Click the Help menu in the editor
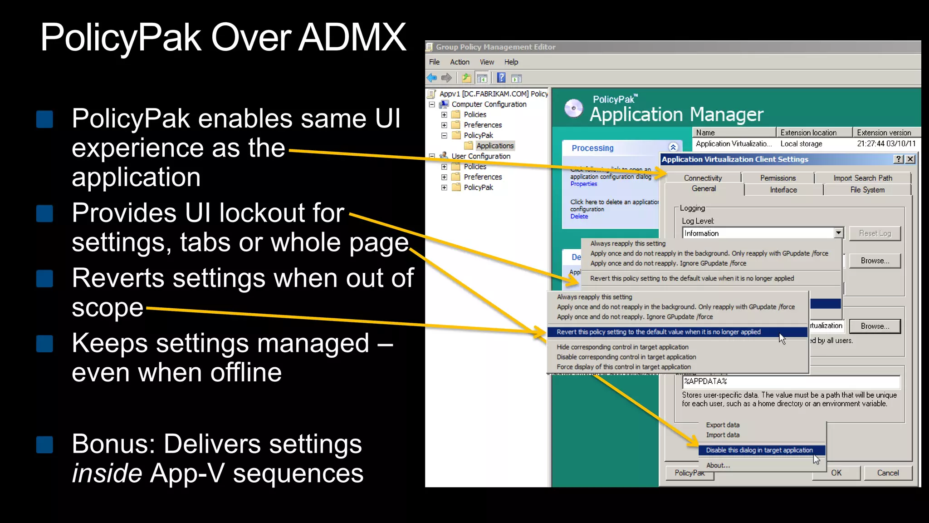[511, 62]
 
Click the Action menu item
[459, 62]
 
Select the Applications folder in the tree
[494, 146]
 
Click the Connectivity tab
[703, 178]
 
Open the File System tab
[867, 190]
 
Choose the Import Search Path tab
[862, 178]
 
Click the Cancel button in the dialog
[887, 473]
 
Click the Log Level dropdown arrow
[838, 233]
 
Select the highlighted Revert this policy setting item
[658, 332]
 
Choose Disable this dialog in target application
[759, 450]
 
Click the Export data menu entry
[722, 425]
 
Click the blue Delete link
[579, 217]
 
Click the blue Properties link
[583, 184]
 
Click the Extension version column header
[884, 133]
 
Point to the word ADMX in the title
[352, 37]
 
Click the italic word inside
[107, 473]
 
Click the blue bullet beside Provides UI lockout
[44, 213]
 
